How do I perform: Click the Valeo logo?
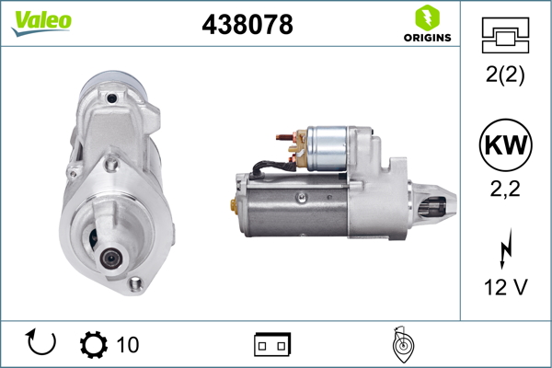[x=41, y=23]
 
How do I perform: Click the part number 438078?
[x=247, y=24]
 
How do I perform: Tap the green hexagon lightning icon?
[x=428, y=18]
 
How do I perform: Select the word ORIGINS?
[x=428, y=38]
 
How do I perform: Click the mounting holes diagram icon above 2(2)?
[x=505, y=36]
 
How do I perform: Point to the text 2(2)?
[x=505, y=75]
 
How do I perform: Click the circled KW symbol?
[x=505, y=144]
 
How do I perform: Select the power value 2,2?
[x=505, y=189]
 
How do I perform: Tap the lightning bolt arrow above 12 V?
[x=506, y=248]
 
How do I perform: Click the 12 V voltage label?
[x=505, y=287]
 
